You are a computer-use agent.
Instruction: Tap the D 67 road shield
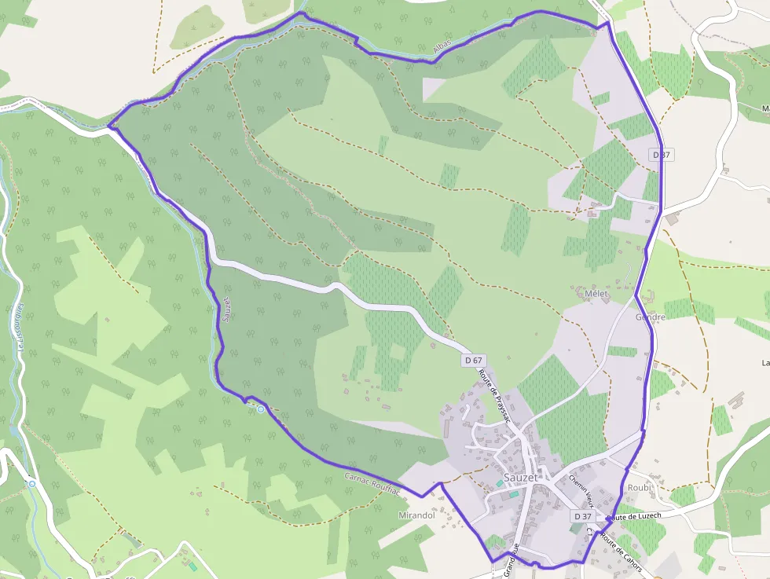pyautogui.click(x=473, y=360)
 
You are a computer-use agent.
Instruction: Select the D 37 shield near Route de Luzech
pyautogui.click(x=582, y=516)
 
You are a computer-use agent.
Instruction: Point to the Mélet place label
pyautogui.click(x=597, y=294)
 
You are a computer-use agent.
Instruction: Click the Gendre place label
pyautogui.click(x=651, y=317)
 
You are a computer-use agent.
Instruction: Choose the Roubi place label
pyautogui.click(x=640, y=488)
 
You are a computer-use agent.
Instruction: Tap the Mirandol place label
pyautogui.click(x=417, y=515)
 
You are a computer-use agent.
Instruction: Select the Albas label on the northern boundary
pyautogui.click(x=443, y=51)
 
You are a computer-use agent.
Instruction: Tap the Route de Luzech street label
pyautogui.click(x=634, y=516)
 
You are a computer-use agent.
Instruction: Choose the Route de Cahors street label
pyautogui.click(x=621, y=553)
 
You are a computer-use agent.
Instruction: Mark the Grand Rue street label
pyautogui.click(x=512, y=559)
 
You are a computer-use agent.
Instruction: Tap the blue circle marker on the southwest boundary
pyautogui.click(x=261, y=409)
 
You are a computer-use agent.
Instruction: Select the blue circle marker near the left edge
pyautogui.click(x=32, y=484)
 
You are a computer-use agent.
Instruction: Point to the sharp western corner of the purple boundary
pyautogui.click(x=108, y=126)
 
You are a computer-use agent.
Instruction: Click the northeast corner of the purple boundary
pyautogui.click(x=607, y=24)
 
